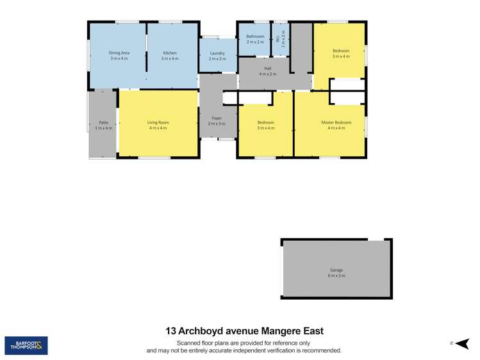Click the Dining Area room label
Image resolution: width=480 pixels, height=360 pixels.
pyautogui.click(x=119, y=53)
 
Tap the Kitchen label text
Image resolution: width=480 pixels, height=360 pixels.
pyautogui.click(x=170, y=53)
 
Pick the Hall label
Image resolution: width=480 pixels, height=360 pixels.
pyautogui.click(x=267, y=69)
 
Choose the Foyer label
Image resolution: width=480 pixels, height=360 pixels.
pyautogui.click(x=217, y=117)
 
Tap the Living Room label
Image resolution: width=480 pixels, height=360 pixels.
pyautogui.click(x=158, y=122)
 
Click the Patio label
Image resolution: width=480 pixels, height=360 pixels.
pyautogui.click(x=103, y=122)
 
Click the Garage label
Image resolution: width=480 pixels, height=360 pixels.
pyautogui.click(x=336, y=270)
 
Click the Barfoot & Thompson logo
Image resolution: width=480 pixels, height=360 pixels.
pyautogui.click(x=26, y=346)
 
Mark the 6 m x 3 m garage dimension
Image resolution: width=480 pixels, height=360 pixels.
pyautogui.click(x=336, y=275)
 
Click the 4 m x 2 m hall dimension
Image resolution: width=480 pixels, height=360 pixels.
pyautogui.click(x=267, y=74)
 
